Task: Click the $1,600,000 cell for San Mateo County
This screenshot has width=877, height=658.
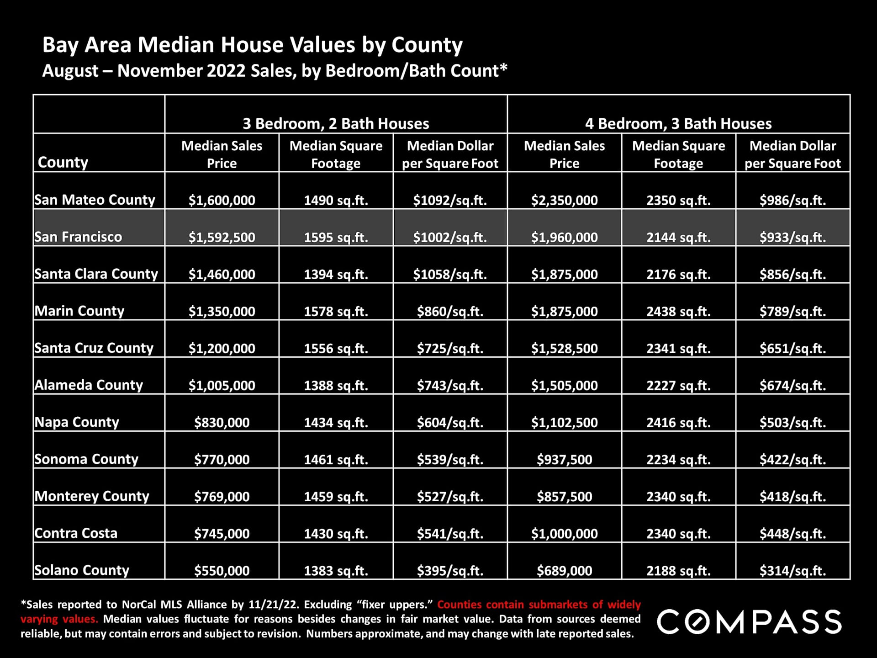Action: click(x=222, y=200)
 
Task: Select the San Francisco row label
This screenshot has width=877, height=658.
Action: click(x=78, y=237)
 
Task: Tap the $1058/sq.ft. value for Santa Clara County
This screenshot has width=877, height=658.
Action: click(x=450, y=274)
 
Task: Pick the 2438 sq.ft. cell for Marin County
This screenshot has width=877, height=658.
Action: click(x=678, y=311)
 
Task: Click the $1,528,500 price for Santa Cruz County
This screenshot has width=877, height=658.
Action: click(x=564, y=348)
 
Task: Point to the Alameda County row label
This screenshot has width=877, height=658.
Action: click(x=89, y=385)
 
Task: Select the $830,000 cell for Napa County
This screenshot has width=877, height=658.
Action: click(x=222, y=422)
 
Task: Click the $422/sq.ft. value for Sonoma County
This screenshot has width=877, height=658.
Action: click(x=792, y=459)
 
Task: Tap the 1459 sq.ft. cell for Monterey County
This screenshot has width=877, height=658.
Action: click(x=336, y=496)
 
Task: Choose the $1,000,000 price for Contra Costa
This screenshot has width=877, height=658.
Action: click(x=564, y=533)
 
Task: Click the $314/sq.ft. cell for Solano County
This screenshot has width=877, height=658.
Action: click(x=792, y=570)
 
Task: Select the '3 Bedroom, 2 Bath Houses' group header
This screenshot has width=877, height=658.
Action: click(x=336, y=123)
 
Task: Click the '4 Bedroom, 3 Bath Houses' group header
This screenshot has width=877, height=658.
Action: click(x=678, y=123)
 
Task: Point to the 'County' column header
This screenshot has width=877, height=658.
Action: click(x=63, y=162)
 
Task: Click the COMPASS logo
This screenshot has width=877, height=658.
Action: click(x=749, y=621)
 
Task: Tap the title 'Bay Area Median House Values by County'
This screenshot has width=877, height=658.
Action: click(x=252, y=45)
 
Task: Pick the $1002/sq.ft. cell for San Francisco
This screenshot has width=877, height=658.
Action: click(x=450, y=237)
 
